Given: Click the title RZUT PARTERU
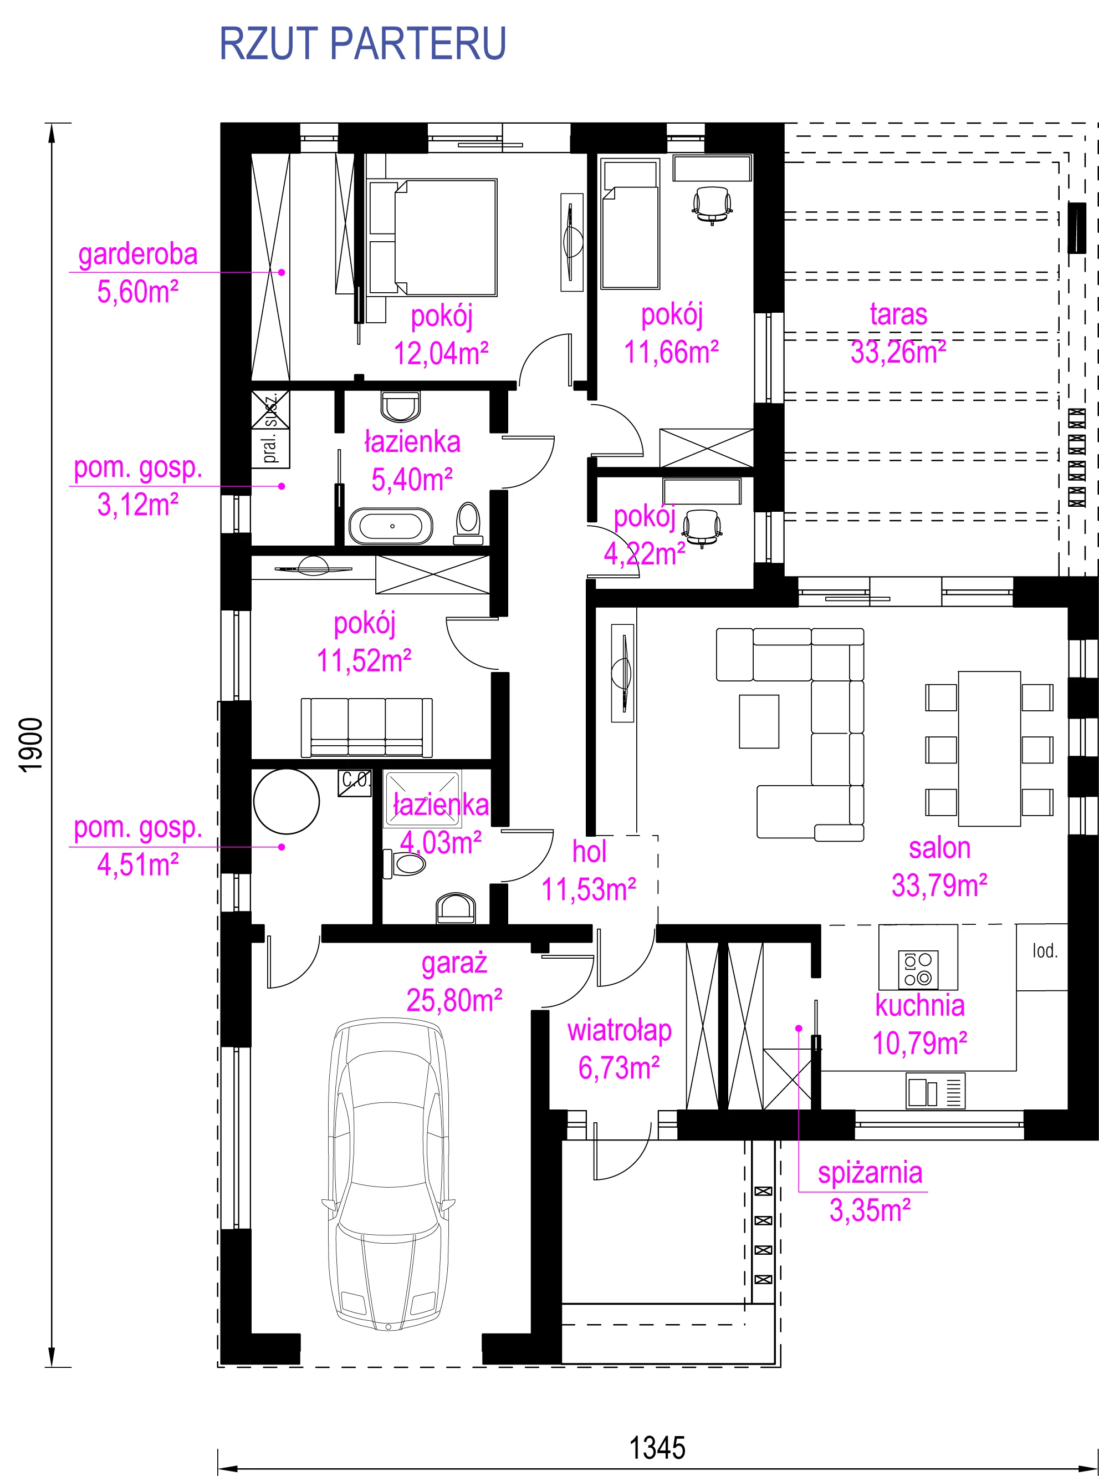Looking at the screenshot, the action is [x=362, y=44].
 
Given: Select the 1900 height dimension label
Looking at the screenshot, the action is [x=31, y=745].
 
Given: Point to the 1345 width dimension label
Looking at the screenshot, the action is [x=657, y=1448].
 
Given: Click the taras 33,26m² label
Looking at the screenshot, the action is [x=898, y=333].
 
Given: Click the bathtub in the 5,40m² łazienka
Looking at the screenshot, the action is [x=391, y=526].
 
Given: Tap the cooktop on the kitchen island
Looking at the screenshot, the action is [x=918, y=970].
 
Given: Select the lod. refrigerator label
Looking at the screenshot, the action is [x=1045, y=951].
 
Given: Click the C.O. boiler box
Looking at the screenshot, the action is [x=355, y=782].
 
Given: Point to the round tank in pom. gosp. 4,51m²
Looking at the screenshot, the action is [x=287, y=802].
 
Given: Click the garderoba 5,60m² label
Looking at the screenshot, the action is [x=137, y=273].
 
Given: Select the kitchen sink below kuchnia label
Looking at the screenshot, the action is [x=936, y=1092].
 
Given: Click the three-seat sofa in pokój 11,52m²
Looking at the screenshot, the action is [x=366, y=727].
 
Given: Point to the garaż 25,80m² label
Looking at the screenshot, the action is [x=454, y=981].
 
